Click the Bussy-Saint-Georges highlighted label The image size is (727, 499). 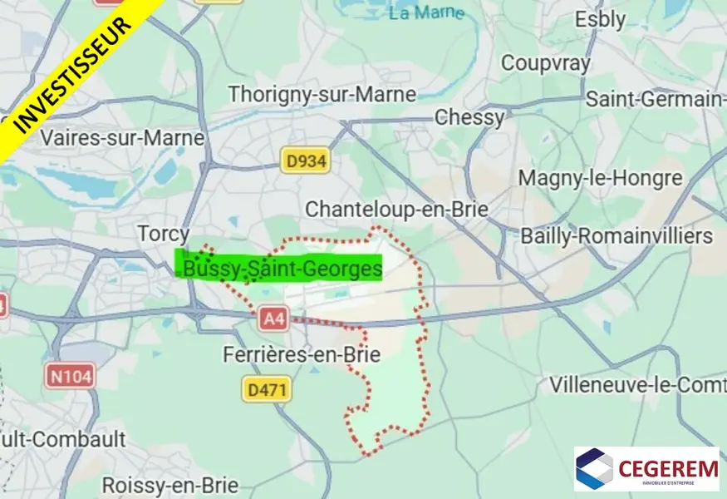[280, 268]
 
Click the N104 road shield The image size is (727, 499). [71, 376]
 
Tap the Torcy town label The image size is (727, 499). [164, 235]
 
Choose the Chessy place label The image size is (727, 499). [469, 117]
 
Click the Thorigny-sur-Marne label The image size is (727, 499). [322, 94]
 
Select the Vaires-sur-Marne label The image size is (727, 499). [122, 137]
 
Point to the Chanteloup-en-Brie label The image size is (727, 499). [396, 209]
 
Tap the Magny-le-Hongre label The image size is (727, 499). [600, 178]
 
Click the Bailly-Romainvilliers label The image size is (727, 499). [616, 236]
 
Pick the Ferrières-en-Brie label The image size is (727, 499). [302, 355]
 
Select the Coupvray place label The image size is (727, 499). [546, 63]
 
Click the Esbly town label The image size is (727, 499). [600, 20]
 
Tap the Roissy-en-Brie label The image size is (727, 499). [169, 485]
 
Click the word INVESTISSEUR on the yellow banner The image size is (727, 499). [75, 72]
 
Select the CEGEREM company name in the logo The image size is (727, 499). [668, 468]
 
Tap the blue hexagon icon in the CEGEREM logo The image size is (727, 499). [595, 469]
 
